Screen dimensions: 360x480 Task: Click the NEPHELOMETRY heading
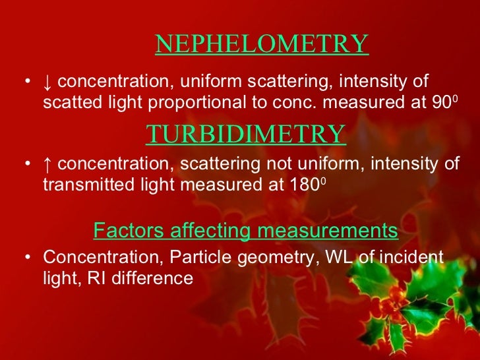click(x=261, y=44)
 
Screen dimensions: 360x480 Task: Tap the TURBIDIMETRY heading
click(x=245, y=134)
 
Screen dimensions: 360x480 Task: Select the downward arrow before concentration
click(x=47, y=82)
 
